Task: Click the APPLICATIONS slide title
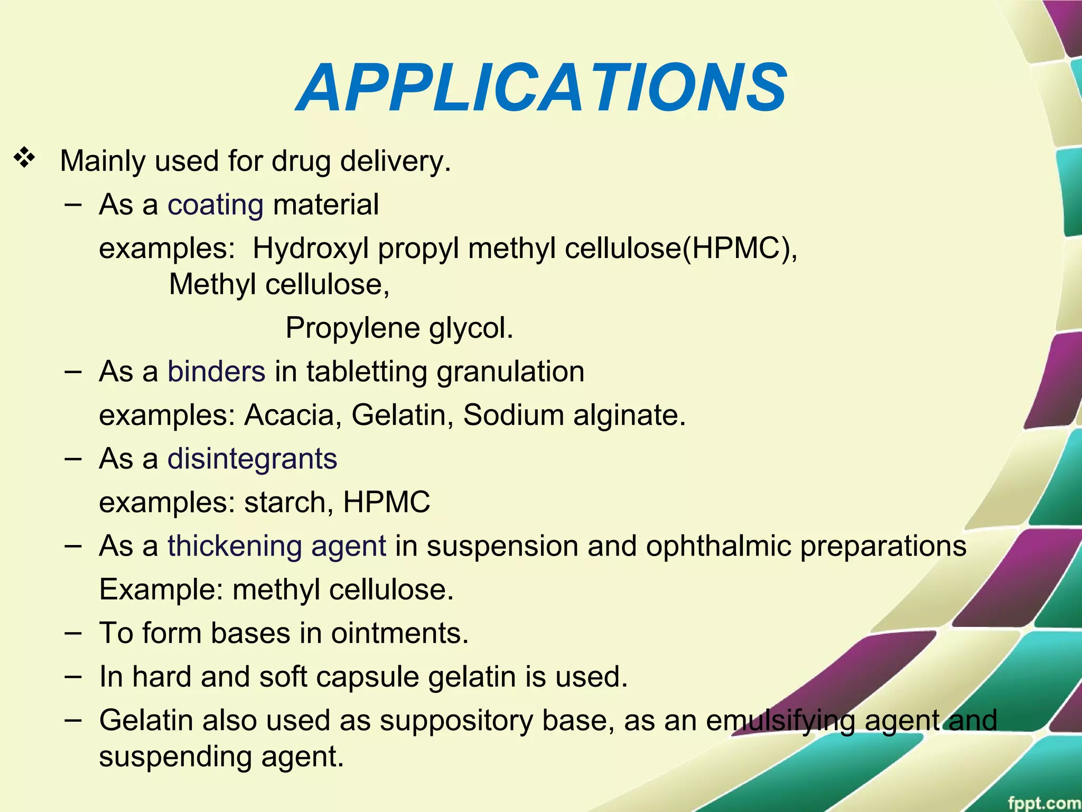(542, 88)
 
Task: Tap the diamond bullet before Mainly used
(24, 158)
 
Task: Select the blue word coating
(216, 205)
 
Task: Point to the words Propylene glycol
(399, 328)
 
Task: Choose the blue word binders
(216, 371)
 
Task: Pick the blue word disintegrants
(252, 458)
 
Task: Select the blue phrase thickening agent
(277, 546)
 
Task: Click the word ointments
(399, 633)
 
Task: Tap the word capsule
(367, 677)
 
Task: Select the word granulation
(510, 371)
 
